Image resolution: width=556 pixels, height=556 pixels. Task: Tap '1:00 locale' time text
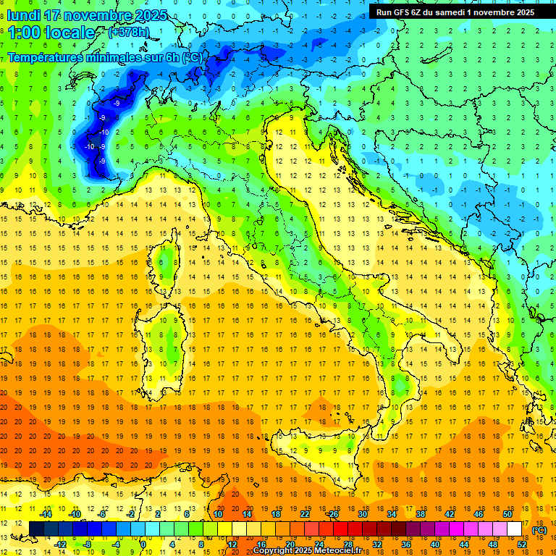point(51,33)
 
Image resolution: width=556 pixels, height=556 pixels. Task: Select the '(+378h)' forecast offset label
point(130,33)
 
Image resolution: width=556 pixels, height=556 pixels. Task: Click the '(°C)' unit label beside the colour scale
point(539,530)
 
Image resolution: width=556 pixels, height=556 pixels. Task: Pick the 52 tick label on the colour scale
point(522,544)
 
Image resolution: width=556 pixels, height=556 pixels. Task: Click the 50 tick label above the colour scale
point(507,514)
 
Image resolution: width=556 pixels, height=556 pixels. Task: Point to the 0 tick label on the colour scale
point(143,544)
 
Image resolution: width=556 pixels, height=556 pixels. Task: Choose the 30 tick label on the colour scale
point(362,514)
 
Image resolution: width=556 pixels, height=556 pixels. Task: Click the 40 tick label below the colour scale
point(434,544)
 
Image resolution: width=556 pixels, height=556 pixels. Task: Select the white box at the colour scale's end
point(514,528)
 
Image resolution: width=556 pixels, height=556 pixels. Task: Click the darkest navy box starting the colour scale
point(36,528)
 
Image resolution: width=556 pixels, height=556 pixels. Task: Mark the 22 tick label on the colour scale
point(305,514)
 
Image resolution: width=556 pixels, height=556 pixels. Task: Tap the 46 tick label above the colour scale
point(478,514)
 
